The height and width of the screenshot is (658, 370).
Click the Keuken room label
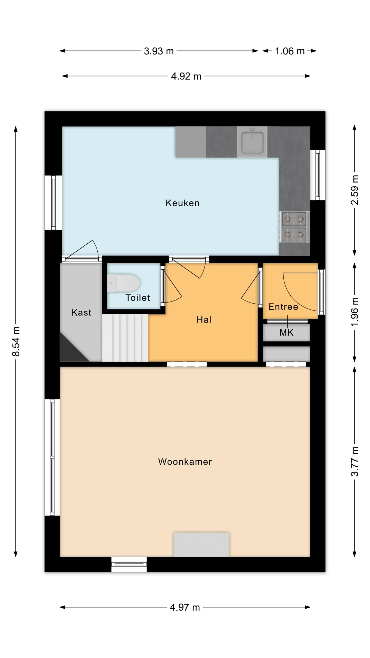(182, 203)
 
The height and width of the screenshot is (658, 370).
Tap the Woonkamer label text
(185, 462)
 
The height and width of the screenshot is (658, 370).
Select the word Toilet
(138, 298)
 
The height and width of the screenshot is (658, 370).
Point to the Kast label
(81, 313)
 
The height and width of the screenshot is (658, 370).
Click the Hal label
(204, 320)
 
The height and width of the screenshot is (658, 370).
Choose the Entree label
(283, 307)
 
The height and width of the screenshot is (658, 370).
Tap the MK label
(286, 333)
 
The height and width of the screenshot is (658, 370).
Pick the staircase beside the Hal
(125, 338)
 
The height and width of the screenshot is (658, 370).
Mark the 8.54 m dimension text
(16, 341)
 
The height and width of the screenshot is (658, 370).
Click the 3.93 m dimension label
(159, 51)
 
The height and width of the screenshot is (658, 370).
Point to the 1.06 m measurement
(290, 51)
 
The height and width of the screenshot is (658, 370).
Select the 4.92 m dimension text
(186, 76)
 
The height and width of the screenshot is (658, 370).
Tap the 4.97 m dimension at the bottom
(185, 607)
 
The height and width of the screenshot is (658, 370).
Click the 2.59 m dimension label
(355, 190)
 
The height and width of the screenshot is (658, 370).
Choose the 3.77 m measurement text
(355, 461)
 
